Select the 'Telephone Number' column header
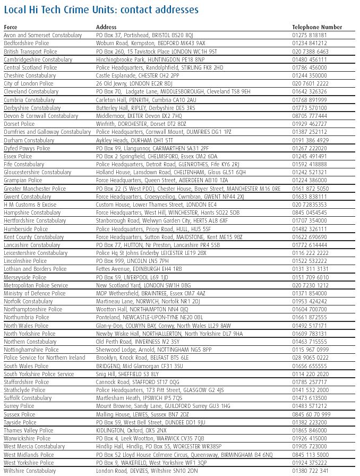317,27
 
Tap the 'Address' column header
106,27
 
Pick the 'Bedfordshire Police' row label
27,43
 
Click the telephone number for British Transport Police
311,52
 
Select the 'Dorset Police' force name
19,124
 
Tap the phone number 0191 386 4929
311,140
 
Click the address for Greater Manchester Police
188,189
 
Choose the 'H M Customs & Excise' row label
30,205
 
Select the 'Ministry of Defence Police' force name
35,293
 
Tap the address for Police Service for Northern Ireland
142,358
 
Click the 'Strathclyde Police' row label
24,390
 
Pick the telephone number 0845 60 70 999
311,414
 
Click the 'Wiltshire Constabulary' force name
30,471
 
